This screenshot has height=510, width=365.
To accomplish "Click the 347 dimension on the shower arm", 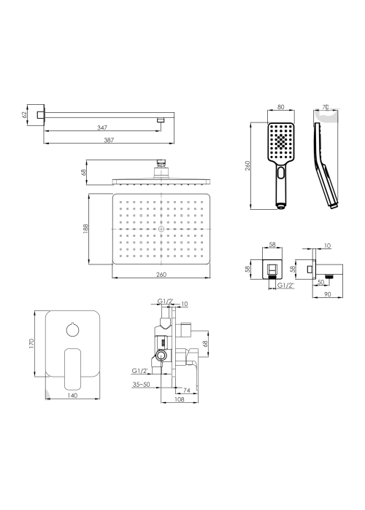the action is (102, 127).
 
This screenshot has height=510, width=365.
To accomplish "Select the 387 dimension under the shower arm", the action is (109, 140).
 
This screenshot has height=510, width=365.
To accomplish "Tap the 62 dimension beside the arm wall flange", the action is (23, 114).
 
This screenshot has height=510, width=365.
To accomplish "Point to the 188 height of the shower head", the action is (85, 229).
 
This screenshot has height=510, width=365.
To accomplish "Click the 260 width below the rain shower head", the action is (161, 274).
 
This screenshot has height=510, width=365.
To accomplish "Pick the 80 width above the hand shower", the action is (280, 106).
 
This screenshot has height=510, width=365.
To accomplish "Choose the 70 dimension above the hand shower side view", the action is (325, 106).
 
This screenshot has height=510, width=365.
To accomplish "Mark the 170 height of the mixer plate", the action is (31, 343).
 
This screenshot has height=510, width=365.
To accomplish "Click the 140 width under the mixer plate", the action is (72, 395).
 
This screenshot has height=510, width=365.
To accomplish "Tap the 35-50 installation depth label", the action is (141, 384).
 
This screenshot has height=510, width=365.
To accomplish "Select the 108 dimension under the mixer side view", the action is (180, 399).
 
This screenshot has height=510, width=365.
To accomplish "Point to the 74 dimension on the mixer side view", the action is (186, 390).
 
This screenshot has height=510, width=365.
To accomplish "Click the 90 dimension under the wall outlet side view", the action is (328, 294).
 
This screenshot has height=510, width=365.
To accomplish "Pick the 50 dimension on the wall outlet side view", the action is (320, 282).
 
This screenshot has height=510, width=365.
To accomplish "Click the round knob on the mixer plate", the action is (72, 329).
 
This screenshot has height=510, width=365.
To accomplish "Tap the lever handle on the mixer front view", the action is (72, 369).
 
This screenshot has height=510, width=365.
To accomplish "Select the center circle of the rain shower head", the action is (161, 229).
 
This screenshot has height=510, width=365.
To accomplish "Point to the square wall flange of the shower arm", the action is (36, 114).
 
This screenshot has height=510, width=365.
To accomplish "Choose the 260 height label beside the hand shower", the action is (247, 166).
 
